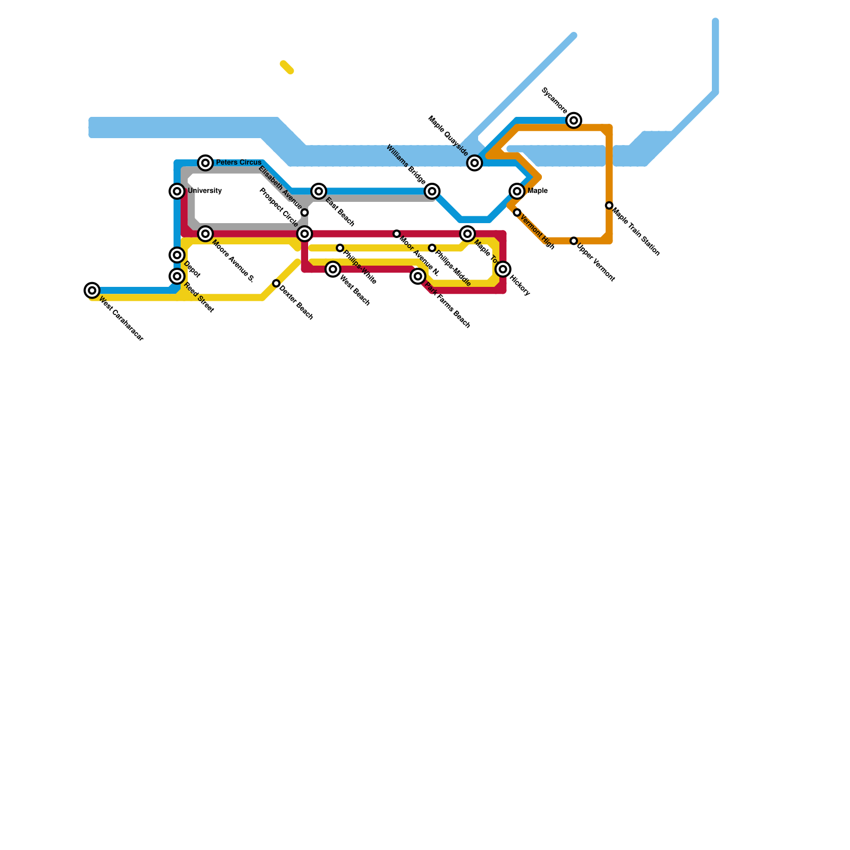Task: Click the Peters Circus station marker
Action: click(x=206, y=163)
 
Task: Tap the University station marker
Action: click(x=177, y=191)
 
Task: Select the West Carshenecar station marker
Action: click(x=92, y=290)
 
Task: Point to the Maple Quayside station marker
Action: click(x=475, y=163)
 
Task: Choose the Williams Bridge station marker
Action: click(x=432, y=191)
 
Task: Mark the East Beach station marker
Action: click(x=319, y=191)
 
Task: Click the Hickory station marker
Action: click(x=503, y=269)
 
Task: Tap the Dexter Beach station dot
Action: click(x=276, y=284)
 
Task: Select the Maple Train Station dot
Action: click(x=609, y=206)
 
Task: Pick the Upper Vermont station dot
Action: click(x=574, y=241)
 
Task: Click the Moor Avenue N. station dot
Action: click(x=397, y=234)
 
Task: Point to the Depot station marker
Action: click(x=177, y=255)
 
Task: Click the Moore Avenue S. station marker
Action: click(x=206, y=234)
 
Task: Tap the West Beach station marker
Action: click(x=333, y=269)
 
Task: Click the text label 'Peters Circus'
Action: click(x=239, y=163)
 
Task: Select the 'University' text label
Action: click(x=205, y=191)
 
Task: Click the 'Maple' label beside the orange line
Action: click(x=538, y=191)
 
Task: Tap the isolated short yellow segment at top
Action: click(x=287, y=67)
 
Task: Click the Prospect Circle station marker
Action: click(x=304, y=234)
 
